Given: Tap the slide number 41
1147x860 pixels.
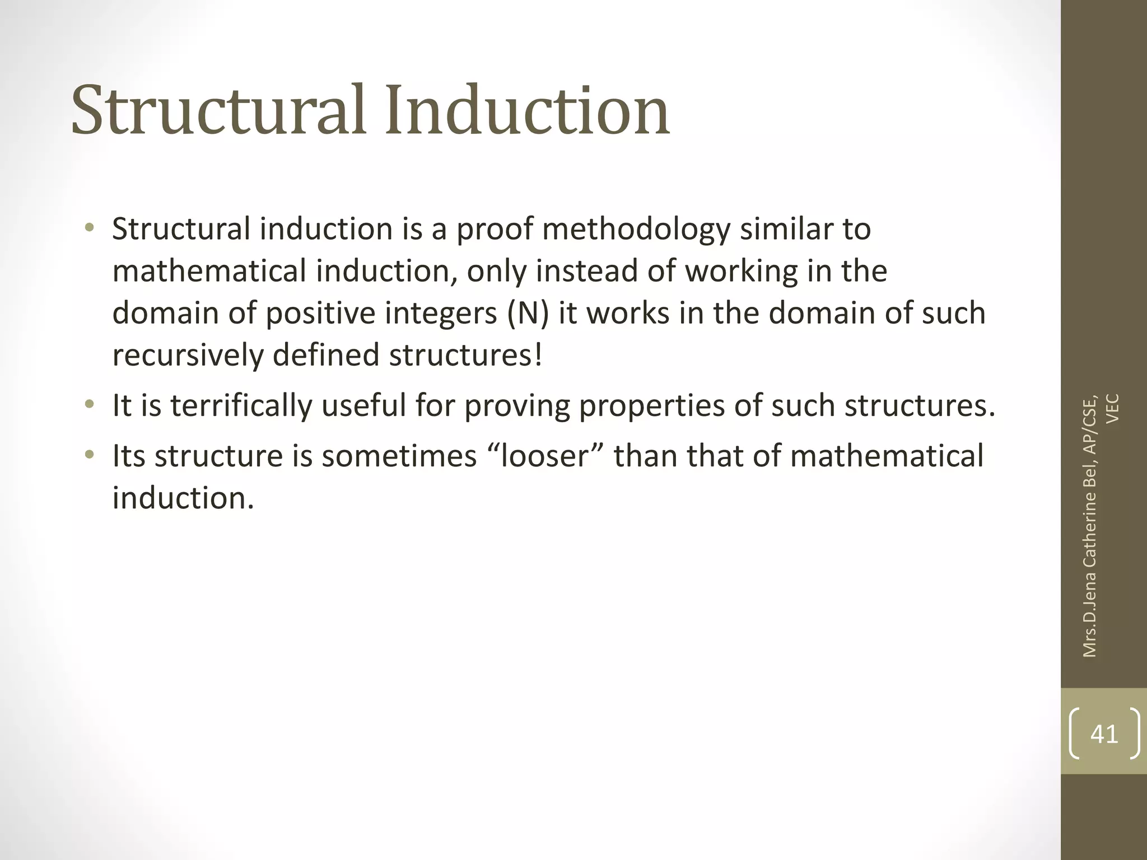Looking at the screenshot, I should pyautogui.click(x=1104, y=733).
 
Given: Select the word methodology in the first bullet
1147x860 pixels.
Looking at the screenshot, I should pyautogui.click(x=636, y=230).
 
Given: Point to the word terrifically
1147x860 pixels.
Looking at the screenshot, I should pyautogui.click(x=241, y=406).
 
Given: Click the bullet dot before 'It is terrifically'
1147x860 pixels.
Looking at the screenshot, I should pyautogui.click(x=89, y=404).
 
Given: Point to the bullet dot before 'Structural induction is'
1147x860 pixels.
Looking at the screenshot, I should pyautogui.click(x=89, y=228).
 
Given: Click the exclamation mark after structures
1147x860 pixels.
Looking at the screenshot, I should pyautogui.click(x=538, y=356).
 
